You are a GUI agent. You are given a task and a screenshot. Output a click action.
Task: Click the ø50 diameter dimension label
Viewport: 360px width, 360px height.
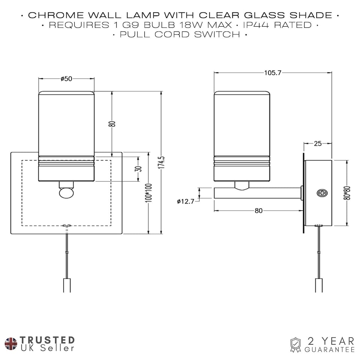(66, 78)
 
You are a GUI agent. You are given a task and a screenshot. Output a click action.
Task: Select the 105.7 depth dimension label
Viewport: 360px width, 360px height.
(273, 73)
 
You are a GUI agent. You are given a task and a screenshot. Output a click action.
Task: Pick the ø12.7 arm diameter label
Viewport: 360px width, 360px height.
(186, 201)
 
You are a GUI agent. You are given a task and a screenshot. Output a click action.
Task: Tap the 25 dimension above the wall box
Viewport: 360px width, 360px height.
(318, 143)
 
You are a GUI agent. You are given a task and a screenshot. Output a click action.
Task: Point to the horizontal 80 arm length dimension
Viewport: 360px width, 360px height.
(258, 211)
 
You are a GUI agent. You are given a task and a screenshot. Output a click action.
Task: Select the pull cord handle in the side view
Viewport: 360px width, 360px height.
(319, 285)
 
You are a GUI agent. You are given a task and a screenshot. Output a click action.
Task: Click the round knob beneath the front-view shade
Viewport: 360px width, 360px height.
(66, 193)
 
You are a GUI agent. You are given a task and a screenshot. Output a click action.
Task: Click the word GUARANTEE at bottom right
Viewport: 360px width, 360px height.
(330, 349)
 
